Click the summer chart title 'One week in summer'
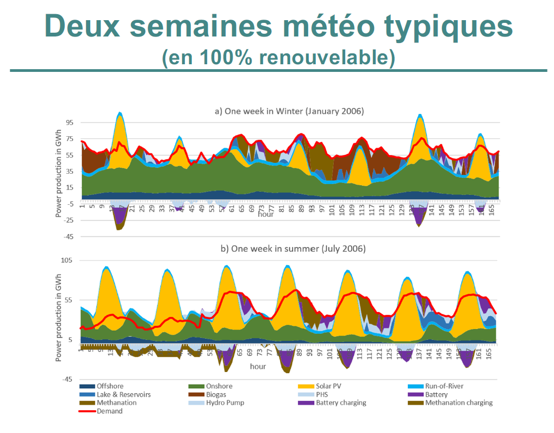(292, 249)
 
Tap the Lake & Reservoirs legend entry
(123, 394)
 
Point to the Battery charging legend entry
(341, 402)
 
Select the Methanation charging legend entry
(458, 402)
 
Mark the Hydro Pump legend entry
(224, 402)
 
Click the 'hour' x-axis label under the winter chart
(266, 214)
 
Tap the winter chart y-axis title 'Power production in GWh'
(59, 169)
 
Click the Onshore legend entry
(218, 386)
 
